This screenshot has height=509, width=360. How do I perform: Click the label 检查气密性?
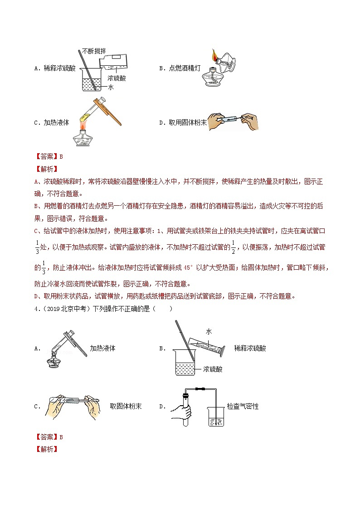(x=243, y=407)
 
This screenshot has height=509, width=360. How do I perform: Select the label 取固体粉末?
(x=126, y=406)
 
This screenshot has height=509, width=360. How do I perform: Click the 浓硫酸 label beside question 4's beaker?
(x=213, y=369)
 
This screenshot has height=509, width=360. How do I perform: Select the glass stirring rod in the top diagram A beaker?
(x=88, y=68)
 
